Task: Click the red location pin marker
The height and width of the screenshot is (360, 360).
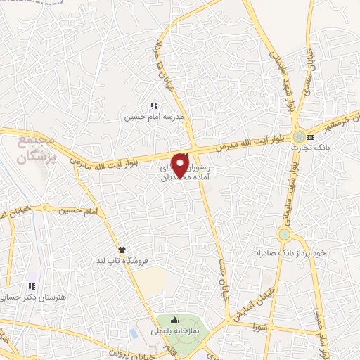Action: (x=181, y=165)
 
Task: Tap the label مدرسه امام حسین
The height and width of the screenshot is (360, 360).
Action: (x=154, y=118)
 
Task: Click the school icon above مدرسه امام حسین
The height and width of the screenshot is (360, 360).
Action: (x=154, y=105)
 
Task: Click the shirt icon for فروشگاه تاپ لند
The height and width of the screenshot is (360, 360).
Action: (x=121, y=249)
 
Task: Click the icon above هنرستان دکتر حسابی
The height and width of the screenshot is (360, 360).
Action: (x=30, y=287)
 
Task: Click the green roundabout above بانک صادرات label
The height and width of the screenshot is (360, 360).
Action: (x=284, y=234)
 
